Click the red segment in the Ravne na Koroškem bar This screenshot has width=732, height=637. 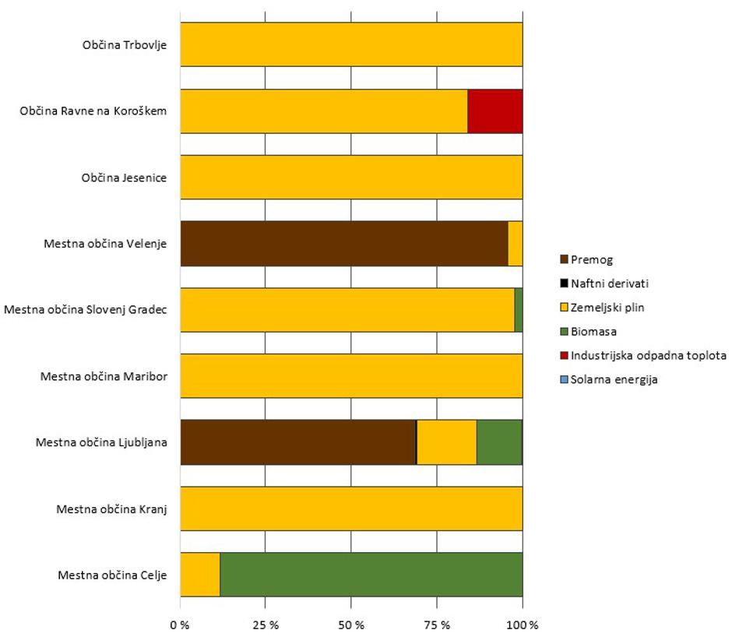click(x=494, y=111)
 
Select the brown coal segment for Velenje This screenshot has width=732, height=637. click(x=343, y=244)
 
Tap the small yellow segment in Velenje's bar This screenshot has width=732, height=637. click(x=515, y=244)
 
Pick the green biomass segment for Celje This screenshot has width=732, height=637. click(x=371, y=575)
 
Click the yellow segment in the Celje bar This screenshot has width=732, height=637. click(x=200, y=575)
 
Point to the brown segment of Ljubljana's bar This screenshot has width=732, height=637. click(x=297, y=442)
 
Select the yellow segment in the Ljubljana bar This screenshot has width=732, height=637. click(x=447, y=442)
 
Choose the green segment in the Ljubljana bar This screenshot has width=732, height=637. click(x=498, y=442)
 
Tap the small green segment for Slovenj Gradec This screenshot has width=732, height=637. click(x=519, y=310)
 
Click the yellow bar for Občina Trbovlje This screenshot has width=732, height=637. click(x=351, y=45)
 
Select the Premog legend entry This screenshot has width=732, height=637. click(x=587, y=259)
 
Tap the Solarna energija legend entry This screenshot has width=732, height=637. click(x=613, y=380)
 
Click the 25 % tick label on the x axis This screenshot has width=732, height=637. click(x=266, y=625)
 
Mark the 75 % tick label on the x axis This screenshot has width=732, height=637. click(x=437, y=625)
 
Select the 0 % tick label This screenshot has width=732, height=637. click(x=181, y=625)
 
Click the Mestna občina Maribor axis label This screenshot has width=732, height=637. click(x=109, y=377)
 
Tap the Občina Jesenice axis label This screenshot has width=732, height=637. click(x=129, y=178)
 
